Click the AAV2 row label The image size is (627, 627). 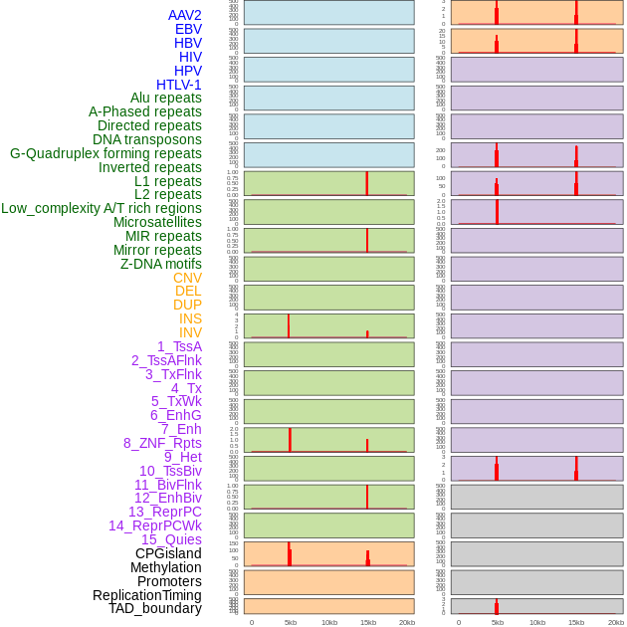185,15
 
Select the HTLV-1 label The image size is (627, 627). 179,85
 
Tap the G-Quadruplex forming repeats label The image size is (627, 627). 105,153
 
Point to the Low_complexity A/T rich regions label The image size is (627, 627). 102,208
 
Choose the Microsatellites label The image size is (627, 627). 157,222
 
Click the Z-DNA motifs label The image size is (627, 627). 161,264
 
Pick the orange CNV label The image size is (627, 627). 187,278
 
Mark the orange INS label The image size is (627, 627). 190,318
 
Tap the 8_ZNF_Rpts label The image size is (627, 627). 162,443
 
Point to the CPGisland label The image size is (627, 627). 168,553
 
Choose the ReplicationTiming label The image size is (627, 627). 147,595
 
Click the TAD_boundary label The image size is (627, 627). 155,608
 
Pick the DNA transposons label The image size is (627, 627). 147,139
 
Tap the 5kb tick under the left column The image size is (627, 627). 291,622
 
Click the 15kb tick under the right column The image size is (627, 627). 576,622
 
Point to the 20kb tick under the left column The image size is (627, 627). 407,622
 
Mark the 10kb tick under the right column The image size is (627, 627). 537,622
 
